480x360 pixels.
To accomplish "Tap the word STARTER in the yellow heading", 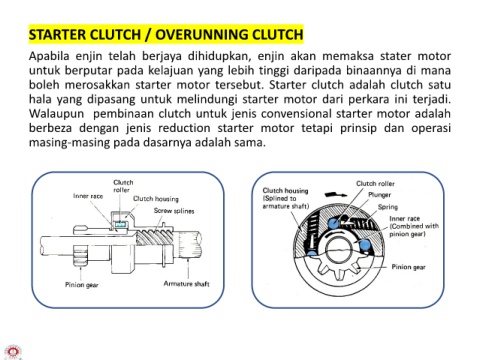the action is [x=56, y=35].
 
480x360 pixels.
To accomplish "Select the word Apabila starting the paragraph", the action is [x=49, y=56].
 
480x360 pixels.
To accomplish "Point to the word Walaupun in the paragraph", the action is [x=56, y=114].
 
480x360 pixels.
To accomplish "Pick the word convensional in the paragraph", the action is [x=296, y=114].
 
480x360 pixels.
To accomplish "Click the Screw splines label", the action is [x=174, y=211].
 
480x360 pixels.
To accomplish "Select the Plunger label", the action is [x=379, y=195].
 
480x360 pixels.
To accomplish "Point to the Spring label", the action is [x=388, y=207].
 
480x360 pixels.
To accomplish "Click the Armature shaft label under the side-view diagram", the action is [x=186, y=284].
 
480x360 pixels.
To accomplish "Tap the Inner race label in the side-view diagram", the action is [x=88, y=196].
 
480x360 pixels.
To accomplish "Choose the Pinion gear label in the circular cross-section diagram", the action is [x=408, y=267].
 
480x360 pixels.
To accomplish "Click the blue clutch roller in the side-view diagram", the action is [x=121, y=224].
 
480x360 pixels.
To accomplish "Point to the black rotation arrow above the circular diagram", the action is [x=335, y=194].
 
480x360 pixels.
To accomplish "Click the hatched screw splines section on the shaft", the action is [x=155, y=238].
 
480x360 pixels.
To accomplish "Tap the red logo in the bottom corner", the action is [x=13, y=352].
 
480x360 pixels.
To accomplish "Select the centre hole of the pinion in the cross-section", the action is [x=338, y=250].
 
